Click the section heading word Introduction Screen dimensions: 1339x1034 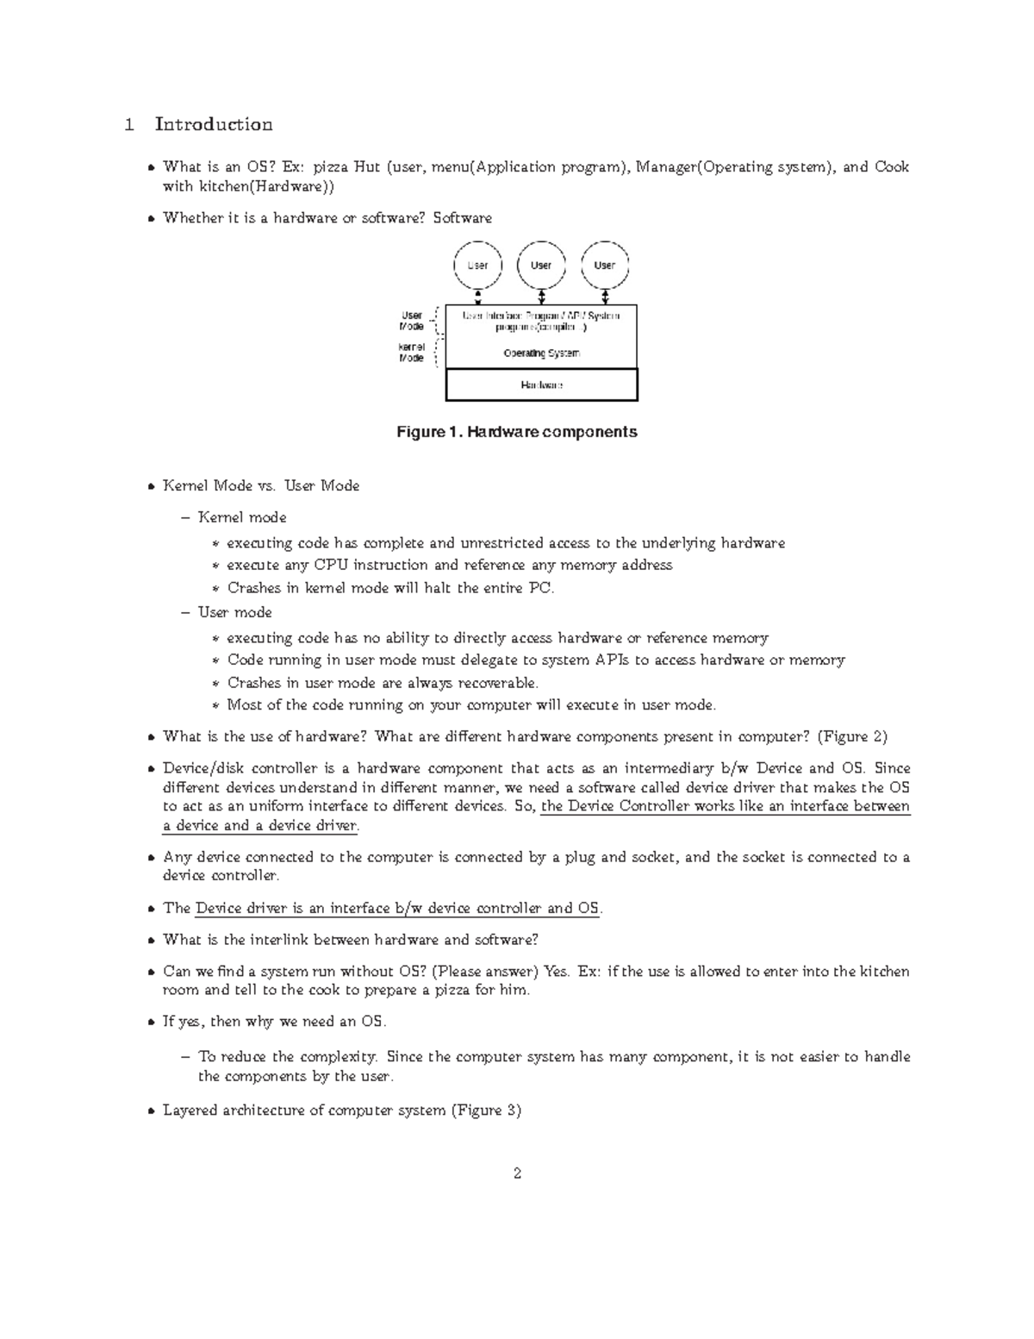pos(214,125)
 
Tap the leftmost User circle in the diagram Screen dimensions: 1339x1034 pos(477,266)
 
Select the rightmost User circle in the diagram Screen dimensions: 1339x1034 pos(605,266)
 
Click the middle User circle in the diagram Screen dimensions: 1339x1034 pos(541,266)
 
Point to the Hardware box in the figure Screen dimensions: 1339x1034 pos(541,385)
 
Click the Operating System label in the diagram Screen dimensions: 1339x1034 pos(541,354)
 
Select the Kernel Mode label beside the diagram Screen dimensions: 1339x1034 pos(411,353)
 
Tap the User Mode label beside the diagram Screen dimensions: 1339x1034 pos(411,321)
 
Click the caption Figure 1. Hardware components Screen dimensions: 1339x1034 pos(516,432)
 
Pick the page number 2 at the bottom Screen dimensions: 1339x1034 pos(517,1173)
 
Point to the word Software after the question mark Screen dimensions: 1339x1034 pos(462,218)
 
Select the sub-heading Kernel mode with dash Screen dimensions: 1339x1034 pos(242,517)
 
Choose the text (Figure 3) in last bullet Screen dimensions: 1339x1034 pos(486,1111)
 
